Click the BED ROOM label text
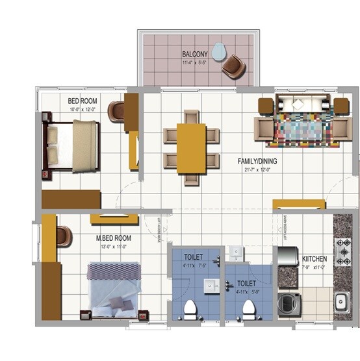(83, 101)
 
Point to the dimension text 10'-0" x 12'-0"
(83, 110)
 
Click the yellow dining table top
(191, 148)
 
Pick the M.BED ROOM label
(114, 238)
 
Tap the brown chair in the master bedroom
(64, 236)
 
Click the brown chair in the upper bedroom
(117, 111)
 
